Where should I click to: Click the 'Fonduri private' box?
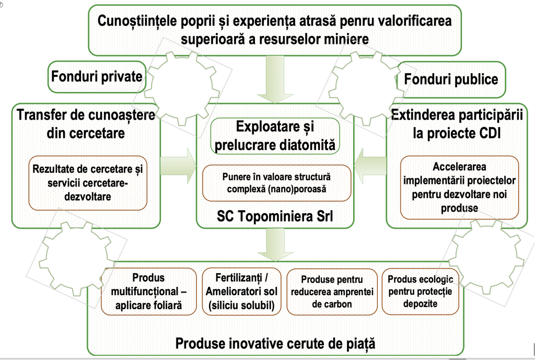tap(97, 77)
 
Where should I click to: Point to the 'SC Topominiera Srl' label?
tap(275, 216)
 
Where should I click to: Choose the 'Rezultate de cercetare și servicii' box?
tap(87, 182)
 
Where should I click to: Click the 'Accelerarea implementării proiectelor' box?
tap(460, 187)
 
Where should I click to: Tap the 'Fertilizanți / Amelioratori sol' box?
tap(241, 291)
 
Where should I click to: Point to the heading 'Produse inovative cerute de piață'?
tap(275, 343)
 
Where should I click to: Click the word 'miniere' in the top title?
tap(346, 40)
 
